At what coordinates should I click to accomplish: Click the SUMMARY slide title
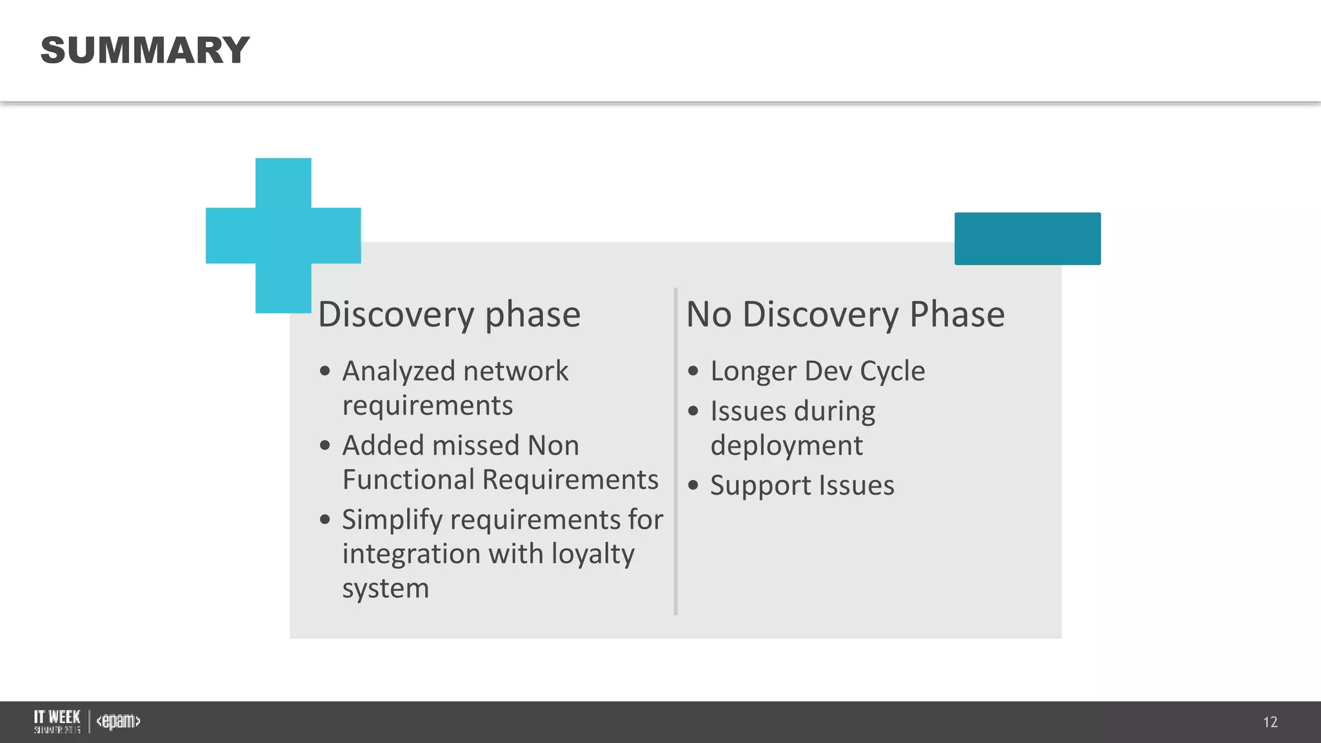[x=144, y=50]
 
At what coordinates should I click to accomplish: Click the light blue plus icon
[x=283, y=235]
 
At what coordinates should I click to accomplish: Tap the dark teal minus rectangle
[x=1027, y=239]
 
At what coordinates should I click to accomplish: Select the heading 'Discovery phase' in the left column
[x=449, y=315]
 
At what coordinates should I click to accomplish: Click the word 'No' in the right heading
[x=708, y=315]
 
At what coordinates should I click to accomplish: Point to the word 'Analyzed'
[x=399, y=371]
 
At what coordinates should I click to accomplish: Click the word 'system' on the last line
[x=385, y=588]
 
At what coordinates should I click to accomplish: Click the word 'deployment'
[x=786, y=446]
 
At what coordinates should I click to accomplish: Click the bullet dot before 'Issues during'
[x=693, y=411]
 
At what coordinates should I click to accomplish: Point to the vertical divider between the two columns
[x=675, y=451]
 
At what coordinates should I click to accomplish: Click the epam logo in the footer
[x=118, y=721]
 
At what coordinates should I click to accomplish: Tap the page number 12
[x=1270, y=722]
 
